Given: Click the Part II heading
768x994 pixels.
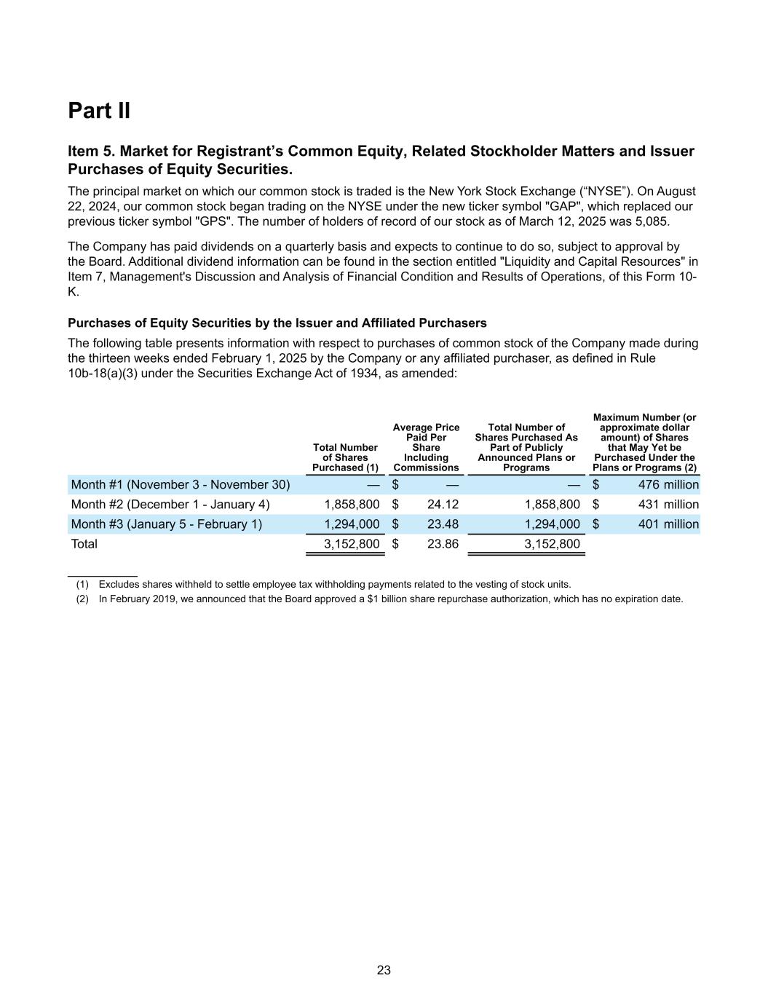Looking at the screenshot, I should point(99,111).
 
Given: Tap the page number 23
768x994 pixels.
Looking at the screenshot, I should point(384,970).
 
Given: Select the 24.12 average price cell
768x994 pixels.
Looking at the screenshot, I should point(443,505).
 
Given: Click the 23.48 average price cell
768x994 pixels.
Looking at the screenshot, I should point(443,524).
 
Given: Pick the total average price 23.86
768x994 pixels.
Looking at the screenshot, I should point(443,544).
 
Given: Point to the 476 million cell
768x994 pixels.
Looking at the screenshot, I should point(668,485).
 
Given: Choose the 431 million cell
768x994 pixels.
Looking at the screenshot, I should point(668,505).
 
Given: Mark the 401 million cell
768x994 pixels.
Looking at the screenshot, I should point(668,524).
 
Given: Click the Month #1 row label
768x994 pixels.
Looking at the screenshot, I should point(180,485).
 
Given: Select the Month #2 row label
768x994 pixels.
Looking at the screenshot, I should point(170,505).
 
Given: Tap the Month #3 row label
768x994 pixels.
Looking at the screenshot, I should point(166,524).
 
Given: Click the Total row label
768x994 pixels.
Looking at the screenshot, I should point(84,544).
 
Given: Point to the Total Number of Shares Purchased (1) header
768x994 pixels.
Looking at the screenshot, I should point(345,457).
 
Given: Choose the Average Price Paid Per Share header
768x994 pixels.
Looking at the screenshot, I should point(426,447).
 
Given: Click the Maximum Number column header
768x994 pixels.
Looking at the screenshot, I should point(644,442).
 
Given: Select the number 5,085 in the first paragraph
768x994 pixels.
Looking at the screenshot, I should point(653,221).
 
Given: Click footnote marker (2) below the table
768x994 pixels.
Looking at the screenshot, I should point(82,599).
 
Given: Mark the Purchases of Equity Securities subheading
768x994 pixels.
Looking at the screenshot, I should point(277,323).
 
